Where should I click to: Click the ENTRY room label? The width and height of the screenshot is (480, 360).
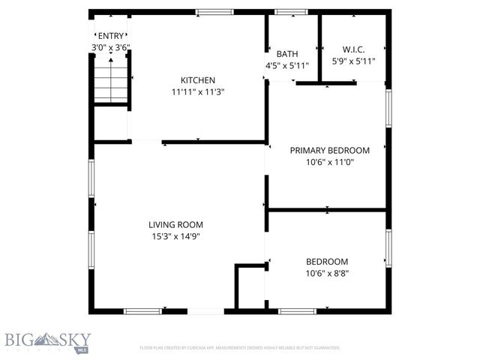110,35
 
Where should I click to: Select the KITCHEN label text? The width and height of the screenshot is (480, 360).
198,80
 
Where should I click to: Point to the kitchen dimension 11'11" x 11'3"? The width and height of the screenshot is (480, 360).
198,92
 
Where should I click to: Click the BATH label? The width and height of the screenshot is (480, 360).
287,54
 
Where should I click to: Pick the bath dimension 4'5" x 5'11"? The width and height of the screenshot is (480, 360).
288,65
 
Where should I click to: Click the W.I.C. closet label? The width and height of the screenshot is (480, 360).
353,49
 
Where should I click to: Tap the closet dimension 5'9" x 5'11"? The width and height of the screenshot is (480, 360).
353,61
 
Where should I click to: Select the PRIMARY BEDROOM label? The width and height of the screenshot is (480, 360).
330,150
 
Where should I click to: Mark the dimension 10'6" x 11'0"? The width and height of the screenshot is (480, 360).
330,162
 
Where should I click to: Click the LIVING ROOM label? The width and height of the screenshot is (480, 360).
175,224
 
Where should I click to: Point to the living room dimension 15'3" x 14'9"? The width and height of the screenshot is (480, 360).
175,236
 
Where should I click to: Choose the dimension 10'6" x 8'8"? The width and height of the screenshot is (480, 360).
327,274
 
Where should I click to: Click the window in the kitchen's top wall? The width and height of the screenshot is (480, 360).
214,12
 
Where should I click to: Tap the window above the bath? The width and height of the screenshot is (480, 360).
286,12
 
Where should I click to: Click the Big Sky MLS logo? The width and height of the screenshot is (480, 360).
45,341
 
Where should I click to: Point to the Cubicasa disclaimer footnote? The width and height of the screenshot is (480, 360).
240,348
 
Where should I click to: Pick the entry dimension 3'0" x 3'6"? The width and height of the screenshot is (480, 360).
110,47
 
